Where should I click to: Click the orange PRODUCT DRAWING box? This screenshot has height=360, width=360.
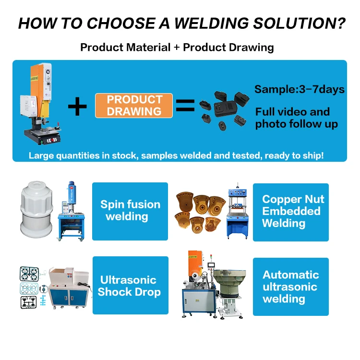click(134, 106)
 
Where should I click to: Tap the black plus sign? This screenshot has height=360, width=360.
click(78, 106)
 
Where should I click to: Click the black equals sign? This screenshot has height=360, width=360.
click(185, 106)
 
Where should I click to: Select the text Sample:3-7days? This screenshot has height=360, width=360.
click(300, 89)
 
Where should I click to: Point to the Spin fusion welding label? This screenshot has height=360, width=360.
click(130, 211)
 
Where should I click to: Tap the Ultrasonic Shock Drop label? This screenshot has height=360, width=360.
click(129, 286)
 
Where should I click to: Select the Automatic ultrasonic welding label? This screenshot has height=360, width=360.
click(290, 287)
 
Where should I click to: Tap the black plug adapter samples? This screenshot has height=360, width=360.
click(222, 108)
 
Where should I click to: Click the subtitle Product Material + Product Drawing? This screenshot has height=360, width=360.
click(177, 47)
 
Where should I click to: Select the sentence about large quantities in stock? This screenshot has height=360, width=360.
click(176, 155)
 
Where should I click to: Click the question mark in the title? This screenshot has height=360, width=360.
click(339, 24)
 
